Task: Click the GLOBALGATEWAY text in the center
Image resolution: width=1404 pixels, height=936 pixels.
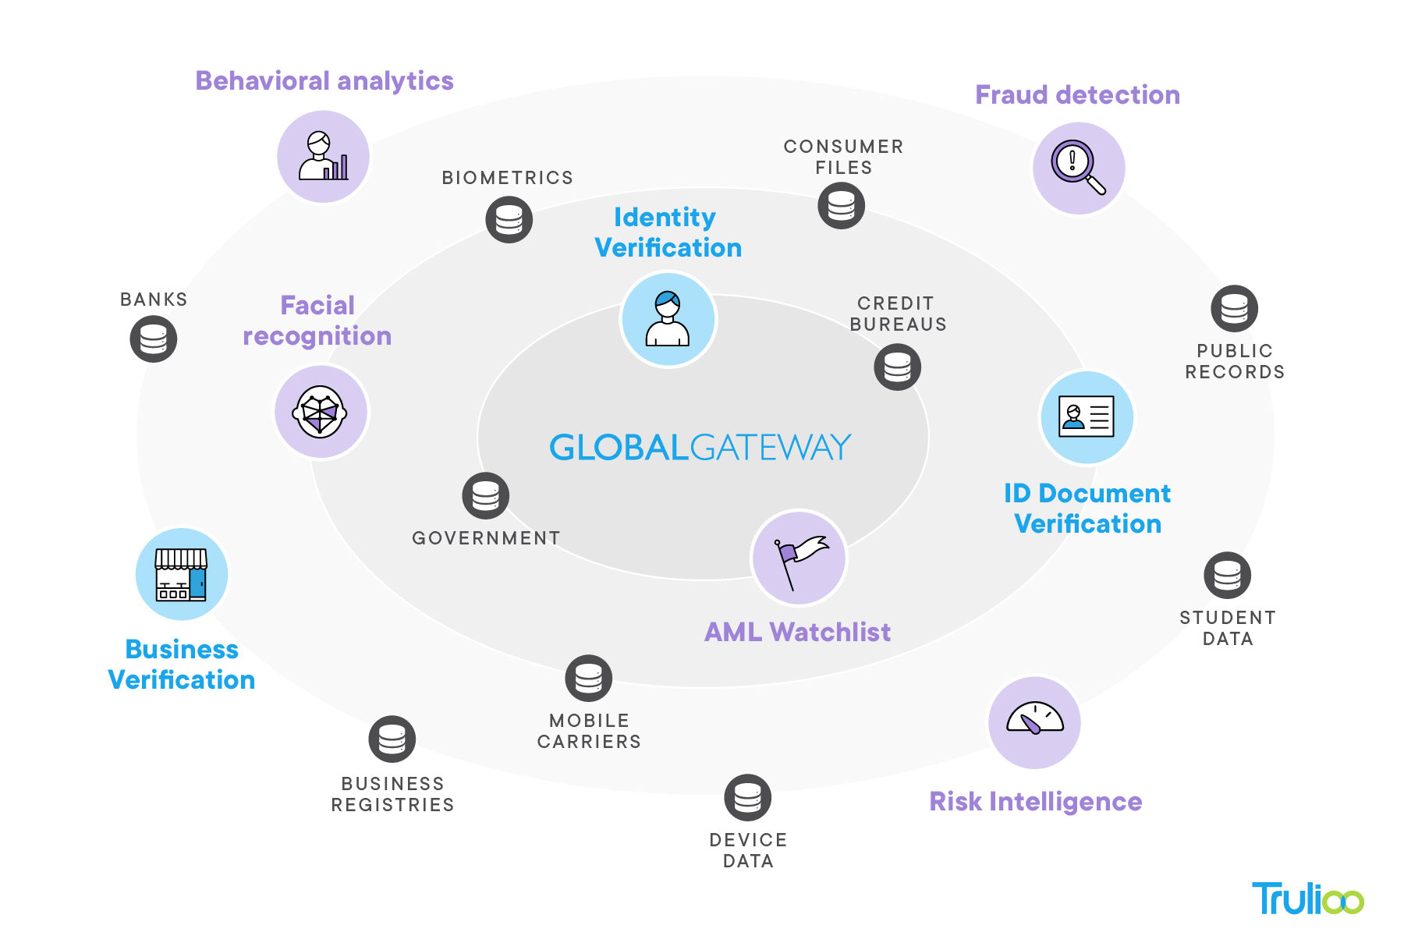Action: click(700, 447)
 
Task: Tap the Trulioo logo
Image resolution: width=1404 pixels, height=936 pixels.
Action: click(1307, 899)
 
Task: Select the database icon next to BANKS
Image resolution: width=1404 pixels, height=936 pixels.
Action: click(154, 339)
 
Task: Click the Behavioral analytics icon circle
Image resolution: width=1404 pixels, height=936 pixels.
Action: click(324, 156)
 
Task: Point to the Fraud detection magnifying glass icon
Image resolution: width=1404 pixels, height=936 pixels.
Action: click(1079, 168)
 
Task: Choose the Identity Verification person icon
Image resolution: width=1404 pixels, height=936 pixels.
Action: click(668, 319)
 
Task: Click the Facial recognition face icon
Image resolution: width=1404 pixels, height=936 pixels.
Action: click(321, 412)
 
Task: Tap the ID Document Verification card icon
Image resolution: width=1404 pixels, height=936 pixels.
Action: click(1087, 417)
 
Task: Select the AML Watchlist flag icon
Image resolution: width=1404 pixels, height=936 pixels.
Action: click(799, 558)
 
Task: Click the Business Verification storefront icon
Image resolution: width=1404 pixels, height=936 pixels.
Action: click(182, 575)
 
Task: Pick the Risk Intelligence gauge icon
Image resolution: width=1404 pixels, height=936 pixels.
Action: click(1034, 722)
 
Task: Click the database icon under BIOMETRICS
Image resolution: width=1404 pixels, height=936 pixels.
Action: click(509, 219)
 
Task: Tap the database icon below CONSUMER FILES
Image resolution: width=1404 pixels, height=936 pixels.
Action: click(842, 206)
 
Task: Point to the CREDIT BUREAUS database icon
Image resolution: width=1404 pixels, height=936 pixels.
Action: click(898, 367)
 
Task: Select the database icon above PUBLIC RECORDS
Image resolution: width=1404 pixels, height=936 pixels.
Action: click(1235, 309)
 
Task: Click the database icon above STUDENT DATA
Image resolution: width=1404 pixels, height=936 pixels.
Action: click(1228, 576)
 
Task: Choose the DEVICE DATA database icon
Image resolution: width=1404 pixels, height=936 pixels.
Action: click(748, 798)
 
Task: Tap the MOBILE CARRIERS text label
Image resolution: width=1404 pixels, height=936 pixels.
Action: click(589, 731)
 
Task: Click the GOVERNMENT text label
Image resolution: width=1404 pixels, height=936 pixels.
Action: click(486, 538)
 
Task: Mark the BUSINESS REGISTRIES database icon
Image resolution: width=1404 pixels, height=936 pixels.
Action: click(392, 739)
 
